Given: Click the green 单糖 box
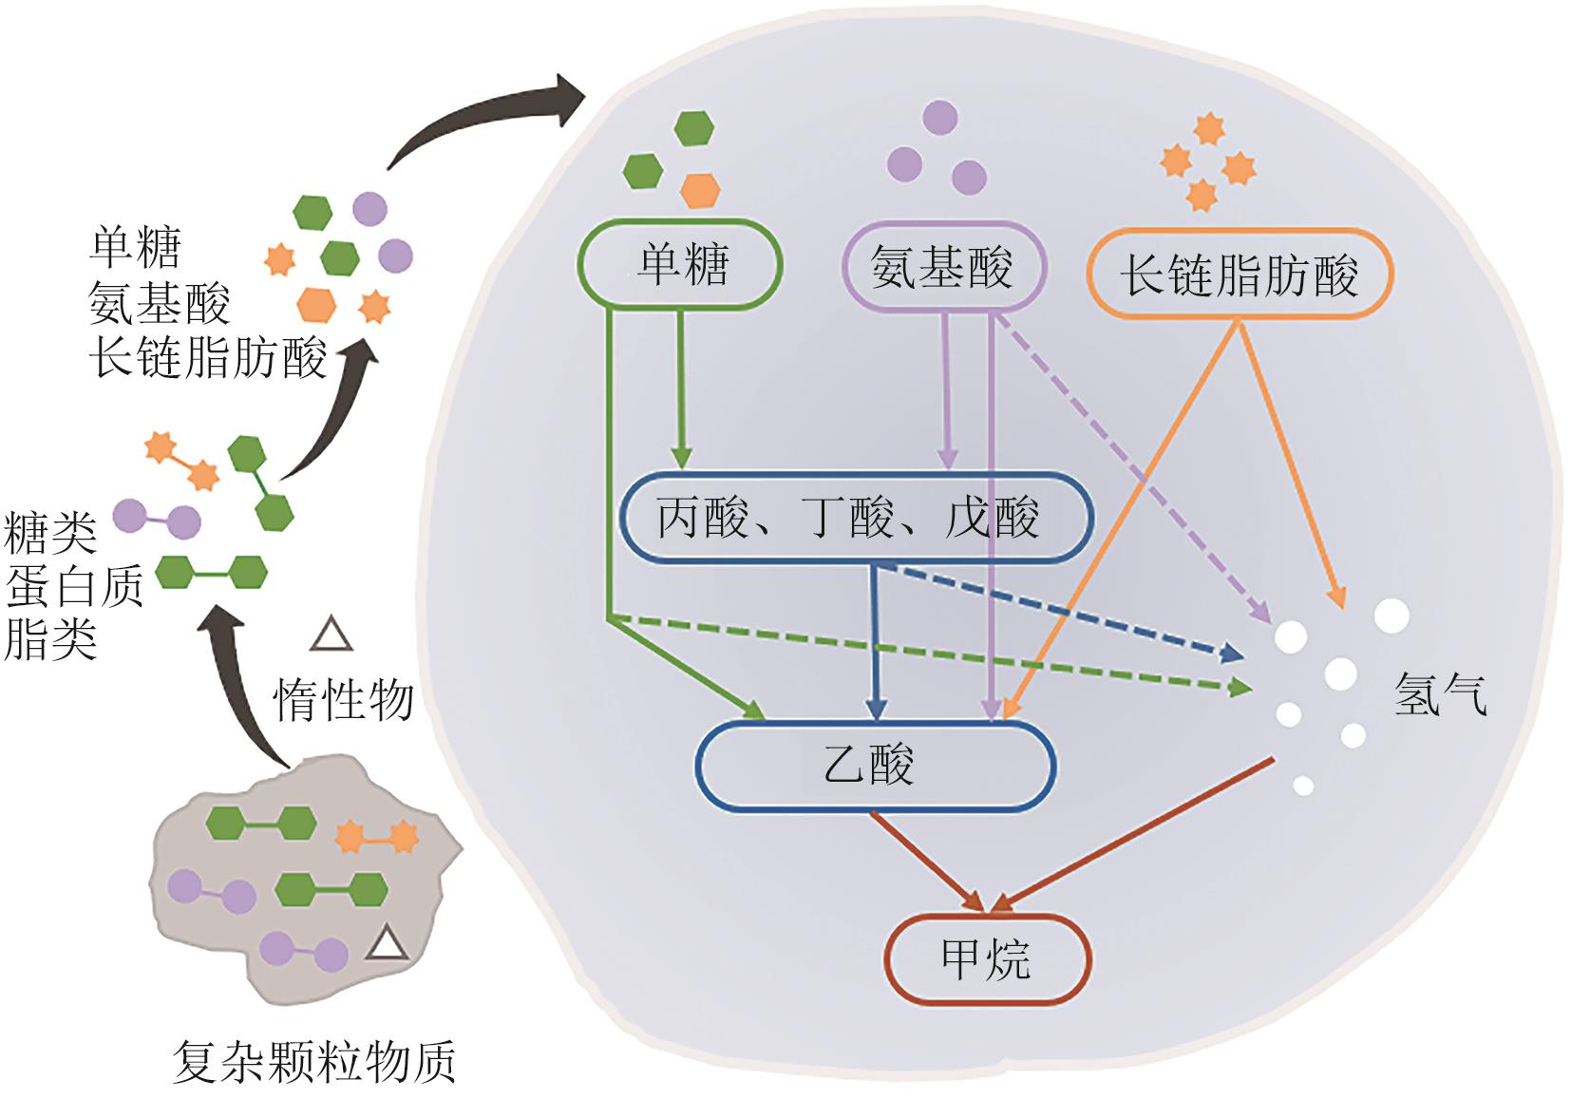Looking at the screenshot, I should coord(680,264).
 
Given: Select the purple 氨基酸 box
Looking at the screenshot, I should coord(944,267).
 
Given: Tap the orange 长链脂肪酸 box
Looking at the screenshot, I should coord(1239,275).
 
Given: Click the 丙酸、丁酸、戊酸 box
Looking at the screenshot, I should coord(855,519).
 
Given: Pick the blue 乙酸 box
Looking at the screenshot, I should coord(875,766).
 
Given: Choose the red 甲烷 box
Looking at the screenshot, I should coord(987,958).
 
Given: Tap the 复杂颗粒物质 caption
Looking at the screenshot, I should coord(314,1061).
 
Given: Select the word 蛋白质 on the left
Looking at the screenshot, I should coord(74,585).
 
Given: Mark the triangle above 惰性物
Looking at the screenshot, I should coord(331,635).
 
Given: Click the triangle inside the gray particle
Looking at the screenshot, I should coord(387,944).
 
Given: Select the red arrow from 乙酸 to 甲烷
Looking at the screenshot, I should coord(926,859).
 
